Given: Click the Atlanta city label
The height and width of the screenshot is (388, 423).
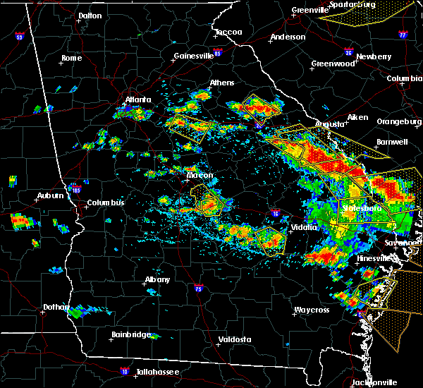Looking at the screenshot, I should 138,100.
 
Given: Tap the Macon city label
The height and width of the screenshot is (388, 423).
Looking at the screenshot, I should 200,175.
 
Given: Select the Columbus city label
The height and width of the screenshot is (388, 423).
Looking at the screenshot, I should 106,203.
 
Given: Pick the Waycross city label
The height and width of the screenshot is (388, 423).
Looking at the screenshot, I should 312,310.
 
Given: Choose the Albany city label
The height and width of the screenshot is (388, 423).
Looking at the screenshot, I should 157,279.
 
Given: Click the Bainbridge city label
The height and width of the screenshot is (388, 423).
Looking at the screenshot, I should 131,334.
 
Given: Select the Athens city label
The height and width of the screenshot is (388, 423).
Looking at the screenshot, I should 221,83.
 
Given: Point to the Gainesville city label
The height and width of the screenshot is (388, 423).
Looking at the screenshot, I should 194,56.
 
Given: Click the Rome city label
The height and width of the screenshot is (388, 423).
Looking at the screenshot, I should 71,58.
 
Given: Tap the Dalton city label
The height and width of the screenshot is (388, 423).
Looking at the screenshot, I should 90,15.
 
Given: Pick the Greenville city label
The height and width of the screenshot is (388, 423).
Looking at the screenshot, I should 310,10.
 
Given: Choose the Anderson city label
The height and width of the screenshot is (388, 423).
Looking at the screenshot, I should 288,37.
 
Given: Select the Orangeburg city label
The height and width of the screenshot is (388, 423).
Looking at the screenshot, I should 398,121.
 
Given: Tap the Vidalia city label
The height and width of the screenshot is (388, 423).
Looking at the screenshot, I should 304,227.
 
